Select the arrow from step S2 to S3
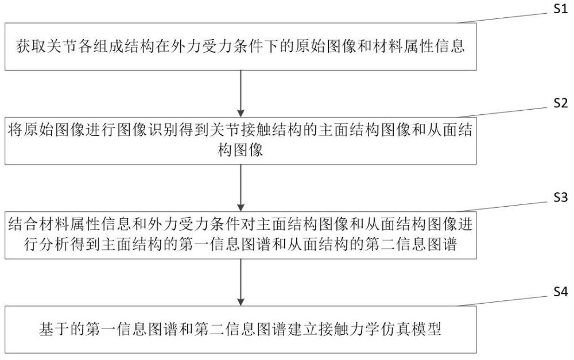(241, 187)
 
